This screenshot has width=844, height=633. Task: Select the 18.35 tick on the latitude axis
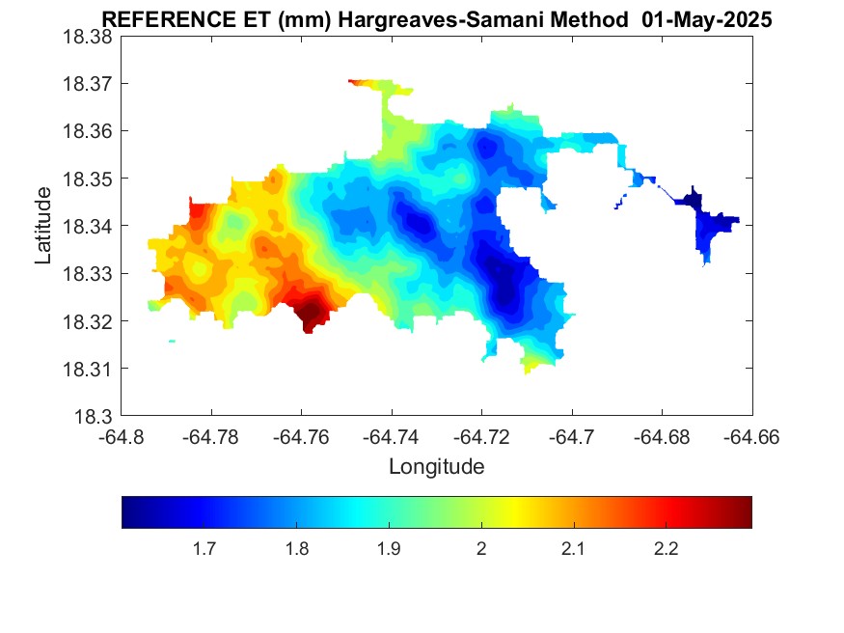pyautogui.click(x=89, y=179)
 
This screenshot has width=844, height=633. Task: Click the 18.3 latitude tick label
pyautogui.click(x=94, y=417)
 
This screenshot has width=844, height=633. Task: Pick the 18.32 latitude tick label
pyautogui.click(x=89, y=321)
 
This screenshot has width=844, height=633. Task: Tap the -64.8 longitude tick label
pyautogui.click(x=122, y=437)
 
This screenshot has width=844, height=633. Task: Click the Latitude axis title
pyautogui.click(x=43, y=226)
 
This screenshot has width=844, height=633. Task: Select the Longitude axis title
pyautogui.click(x=436, y=467)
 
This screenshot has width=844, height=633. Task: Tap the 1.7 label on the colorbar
pyautogui.click(x=204, y=549)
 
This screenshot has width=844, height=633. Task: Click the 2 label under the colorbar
pyautogui.click(x=481, y=549)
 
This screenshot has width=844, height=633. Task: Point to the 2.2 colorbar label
pyautogui.click(x=666, y=549)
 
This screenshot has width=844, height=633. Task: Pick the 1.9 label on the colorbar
pyautogui.click(x=389, y=549)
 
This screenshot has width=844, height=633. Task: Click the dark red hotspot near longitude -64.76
pyautogui.click(x=310, y=312)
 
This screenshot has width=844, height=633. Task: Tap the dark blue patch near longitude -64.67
pyautogui.click(x=691, y=201)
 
